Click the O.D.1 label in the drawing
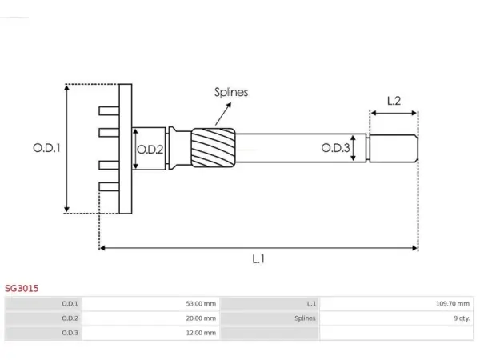[x=46, y=148]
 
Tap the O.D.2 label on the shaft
[x=150, y=150]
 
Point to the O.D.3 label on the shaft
[x=335, y=148]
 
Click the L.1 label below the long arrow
[x=258, y=259]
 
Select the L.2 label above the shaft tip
[x=394, y=101]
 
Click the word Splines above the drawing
[x=231, y=93]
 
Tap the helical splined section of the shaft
[x=214, y=148]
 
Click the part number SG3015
[x=22, y=288]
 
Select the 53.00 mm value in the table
[x=201, y=304]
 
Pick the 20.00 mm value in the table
[x=201, y=318]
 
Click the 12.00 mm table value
[x=201, y=333]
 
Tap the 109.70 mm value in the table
[x=453, y=304]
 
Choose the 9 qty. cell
[x=462, y=318]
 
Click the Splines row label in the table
[x=305, y=318]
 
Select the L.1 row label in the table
[x=311, y=304]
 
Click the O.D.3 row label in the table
[x=70, y=333]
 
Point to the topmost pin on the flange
[x=109, y=111]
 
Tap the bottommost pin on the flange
[x=109, y=186]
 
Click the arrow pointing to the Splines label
[x=223, y=114]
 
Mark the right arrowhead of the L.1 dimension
[x=415, y=248]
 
